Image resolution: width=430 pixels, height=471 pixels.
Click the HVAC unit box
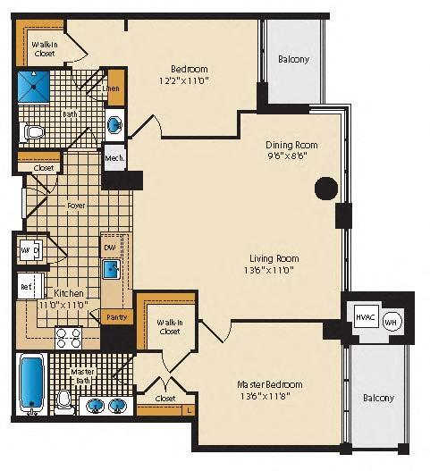point(364,318)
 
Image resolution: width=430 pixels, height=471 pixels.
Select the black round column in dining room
point(326,189)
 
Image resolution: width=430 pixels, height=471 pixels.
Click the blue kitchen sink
point(112,268)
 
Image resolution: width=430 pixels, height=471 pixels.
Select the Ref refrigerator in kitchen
point(27,287)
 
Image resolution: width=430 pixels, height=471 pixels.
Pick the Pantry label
point(116,317)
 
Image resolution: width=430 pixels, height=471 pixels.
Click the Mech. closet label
point(114,158)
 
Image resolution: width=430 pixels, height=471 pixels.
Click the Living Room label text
point(273,258)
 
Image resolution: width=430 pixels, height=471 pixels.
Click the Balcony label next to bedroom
point(293,60)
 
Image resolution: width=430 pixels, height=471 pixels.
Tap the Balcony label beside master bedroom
point(377,398)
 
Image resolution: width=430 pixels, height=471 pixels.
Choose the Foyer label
point(76,205)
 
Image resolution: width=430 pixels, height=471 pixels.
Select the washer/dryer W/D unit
point(29,249)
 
